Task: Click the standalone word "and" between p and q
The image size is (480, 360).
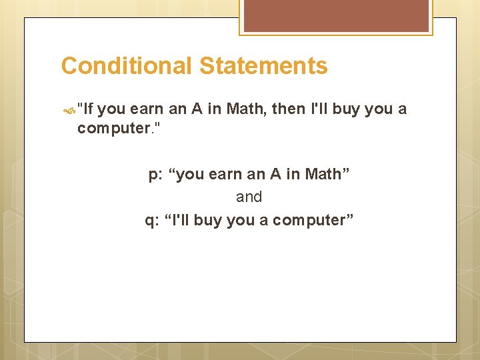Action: [x=249, y=197]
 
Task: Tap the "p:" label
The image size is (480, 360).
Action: [x=155, y=175]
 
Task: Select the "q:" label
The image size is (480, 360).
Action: [x=153, y=220]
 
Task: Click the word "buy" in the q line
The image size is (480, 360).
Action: [x=208, y=220]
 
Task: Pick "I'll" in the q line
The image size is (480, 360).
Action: [x=178, y=220]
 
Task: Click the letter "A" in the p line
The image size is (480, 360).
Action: [x=275, y=175]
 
